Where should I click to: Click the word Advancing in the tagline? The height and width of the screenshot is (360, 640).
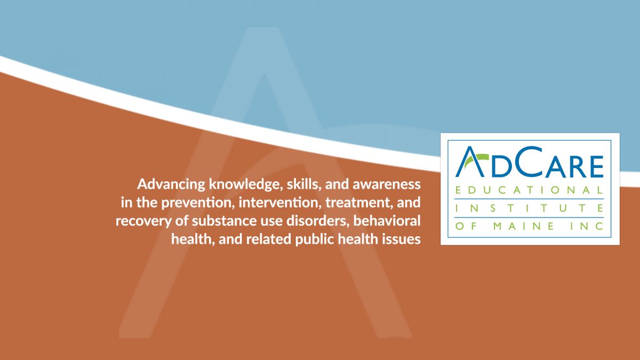point(171,185)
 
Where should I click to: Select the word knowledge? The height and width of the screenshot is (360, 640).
point(246,185)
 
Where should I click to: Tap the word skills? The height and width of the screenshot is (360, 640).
point(303,185)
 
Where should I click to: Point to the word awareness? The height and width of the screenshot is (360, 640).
point(387,185)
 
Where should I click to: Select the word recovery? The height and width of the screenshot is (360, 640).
point(143,221)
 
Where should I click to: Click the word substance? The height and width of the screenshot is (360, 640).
point(225,221)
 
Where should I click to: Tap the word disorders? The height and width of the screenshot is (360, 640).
point(318,221)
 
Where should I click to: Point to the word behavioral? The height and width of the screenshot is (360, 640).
point(387,221)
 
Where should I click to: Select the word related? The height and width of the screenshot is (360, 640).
point(269,239)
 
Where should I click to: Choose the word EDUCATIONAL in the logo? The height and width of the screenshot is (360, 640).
point(529,190)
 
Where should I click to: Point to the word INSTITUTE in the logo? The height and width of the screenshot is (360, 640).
point(529,209)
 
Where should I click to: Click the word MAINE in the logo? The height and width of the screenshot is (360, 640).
point(524,227)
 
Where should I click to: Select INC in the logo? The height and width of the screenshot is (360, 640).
point(587,227)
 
